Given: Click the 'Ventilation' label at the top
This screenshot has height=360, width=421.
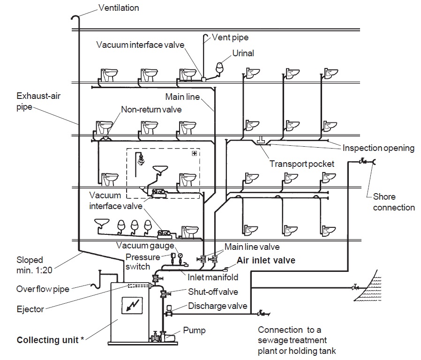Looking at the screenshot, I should (119, 8).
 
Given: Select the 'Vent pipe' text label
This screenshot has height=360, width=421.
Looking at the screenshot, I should (230, 37).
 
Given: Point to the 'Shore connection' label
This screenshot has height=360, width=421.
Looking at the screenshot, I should (394, 202).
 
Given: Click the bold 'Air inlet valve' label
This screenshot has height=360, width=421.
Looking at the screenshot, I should (266, 260).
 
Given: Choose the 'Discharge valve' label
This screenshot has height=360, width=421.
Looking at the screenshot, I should (218, 306).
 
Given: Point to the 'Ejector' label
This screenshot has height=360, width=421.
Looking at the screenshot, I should (30, 309).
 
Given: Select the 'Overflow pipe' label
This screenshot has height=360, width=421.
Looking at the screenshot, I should (43, 289).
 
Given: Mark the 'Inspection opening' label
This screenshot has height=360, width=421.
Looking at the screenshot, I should (378, 148).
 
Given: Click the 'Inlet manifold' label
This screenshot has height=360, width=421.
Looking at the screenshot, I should (213, 277).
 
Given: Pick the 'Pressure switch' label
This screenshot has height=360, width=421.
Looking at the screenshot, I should (138, 262).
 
